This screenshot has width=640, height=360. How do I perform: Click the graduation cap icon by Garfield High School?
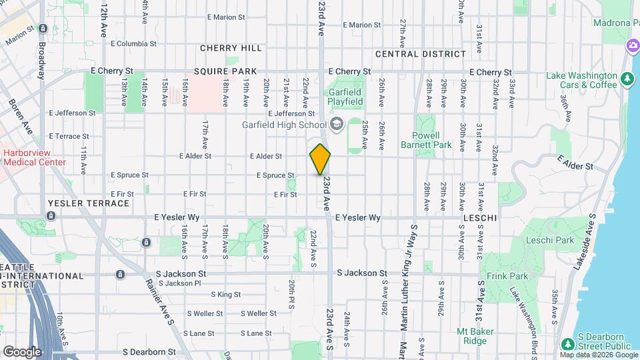click(x=337, y=124)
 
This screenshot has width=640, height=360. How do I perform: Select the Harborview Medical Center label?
click(x=34, y=157)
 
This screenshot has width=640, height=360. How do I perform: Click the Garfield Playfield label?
click(x=345, y=97)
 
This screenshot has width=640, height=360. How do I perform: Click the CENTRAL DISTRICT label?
click(x=420, y=54)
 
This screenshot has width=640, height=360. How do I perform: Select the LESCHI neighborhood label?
click(x=480, y=218)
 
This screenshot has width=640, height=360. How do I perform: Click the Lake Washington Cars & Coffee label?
click(x=582, y=80)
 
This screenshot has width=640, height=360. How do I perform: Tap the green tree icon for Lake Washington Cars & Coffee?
click(x=627, y=79)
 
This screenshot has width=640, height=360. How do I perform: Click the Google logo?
click(x=22, y=351)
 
